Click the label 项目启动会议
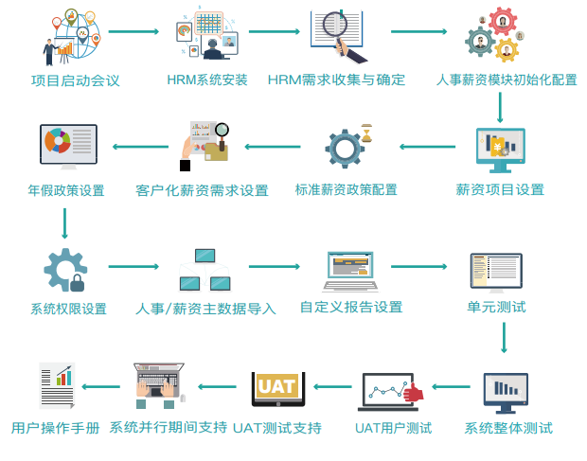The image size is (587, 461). (76, 80)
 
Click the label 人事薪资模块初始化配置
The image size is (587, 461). (507, 80)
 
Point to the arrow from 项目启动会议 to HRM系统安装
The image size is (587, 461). (133, 31)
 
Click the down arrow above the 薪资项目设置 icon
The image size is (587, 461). (500, 109)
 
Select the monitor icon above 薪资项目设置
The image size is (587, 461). (500, 150)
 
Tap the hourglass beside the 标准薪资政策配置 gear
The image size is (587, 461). (365, 133)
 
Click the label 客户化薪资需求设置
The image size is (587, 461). (202, 190)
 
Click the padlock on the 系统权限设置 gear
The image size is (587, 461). (78, 283)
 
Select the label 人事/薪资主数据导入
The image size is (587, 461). (205, 309)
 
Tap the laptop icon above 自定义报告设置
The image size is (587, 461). (350, 270)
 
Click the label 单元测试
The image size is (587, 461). (496, 308)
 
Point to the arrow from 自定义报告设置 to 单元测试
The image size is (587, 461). (418, 267)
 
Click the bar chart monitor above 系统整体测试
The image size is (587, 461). (505, 391)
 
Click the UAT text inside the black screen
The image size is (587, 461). (277, 386)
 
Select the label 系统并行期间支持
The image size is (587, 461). (169, 427)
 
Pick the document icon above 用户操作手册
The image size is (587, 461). (57, 385)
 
